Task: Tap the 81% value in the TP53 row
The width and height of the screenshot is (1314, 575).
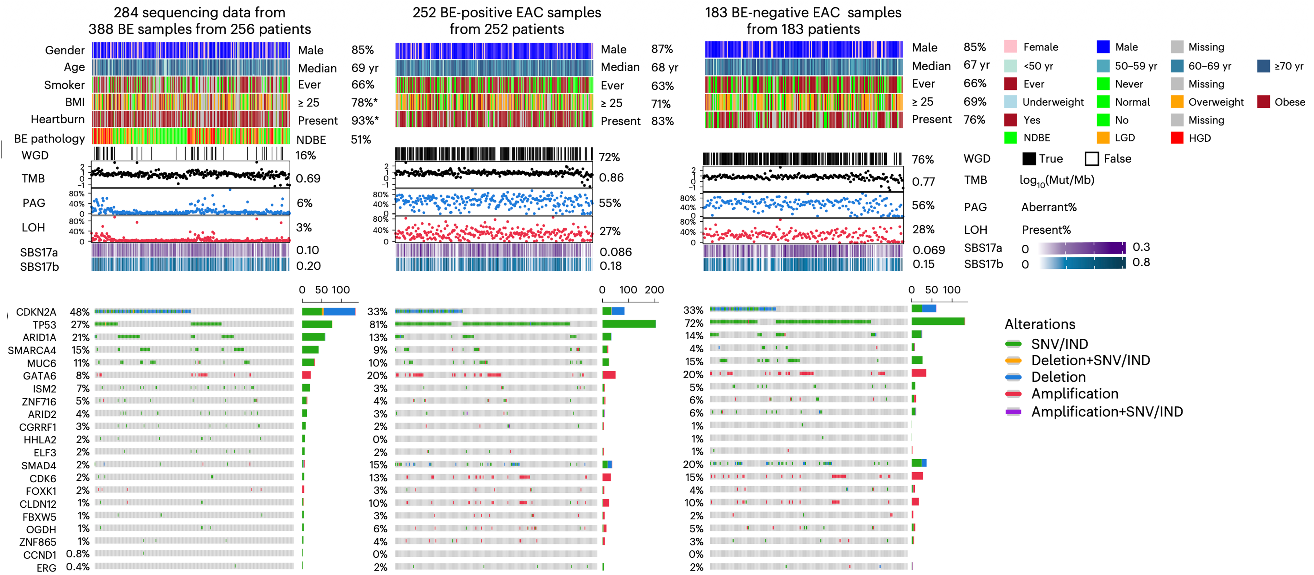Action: pyautogui.click(x=378, y=324)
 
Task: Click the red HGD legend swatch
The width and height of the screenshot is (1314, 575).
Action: pyautogui.click(x=1177, y=138)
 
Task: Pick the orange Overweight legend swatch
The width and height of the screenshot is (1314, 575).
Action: pyautogui.click(x=1177, y=102)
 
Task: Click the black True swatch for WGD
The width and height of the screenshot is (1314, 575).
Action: pyautogui.click(x=1029, y=159)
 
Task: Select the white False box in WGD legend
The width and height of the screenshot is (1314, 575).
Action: pyautogui.click(x=1092, y=159)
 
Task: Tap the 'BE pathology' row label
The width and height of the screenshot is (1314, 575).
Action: pyautogui.click(x=49, y=139)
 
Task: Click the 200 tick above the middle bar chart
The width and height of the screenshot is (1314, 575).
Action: pyautogui.click(x=654, y=290)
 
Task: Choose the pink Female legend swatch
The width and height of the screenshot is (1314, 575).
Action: pyautogui.click(x=1010, y=47)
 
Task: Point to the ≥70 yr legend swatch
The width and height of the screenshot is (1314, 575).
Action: pyautogui.click(x=1264, y=66)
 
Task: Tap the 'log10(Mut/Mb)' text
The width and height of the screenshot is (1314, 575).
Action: pyautogui.click(x=1057, y=180)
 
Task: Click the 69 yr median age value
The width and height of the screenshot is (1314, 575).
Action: pyautogui.click(x=365, y=68)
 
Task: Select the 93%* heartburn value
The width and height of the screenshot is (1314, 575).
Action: pyautogui.click(x=365, y=120)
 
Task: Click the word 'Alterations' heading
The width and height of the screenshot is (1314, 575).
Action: pyautogui.click(x=1040, y=324)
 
